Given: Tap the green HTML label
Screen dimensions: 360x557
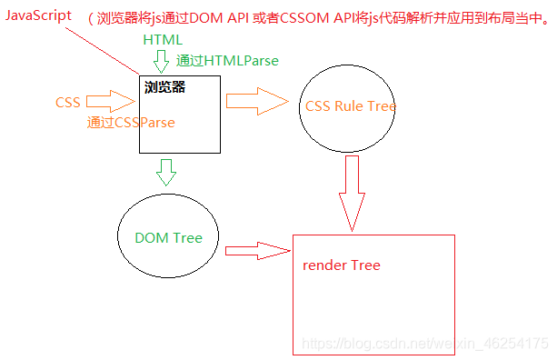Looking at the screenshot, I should click(163, 41).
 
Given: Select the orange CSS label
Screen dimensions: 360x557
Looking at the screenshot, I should click(67, 102).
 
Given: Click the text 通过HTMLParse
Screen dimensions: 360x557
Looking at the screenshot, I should click(227, 61).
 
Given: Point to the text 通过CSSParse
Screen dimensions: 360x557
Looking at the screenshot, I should click(130, 122).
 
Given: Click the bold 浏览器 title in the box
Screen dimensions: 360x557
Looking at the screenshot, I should click(164, 88).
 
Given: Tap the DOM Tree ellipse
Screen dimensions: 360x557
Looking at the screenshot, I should click(168, 237).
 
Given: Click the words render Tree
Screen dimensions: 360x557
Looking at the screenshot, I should click(342, 265).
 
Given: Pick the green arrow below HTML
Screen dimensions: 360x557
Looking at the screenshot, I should click(163, 62).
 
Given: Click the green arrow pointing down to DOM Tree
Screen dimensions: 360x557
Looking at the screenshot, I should click(166, 171).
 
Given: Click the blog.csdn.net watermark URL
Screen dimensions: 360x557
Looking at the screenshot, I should click(424, 345).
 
